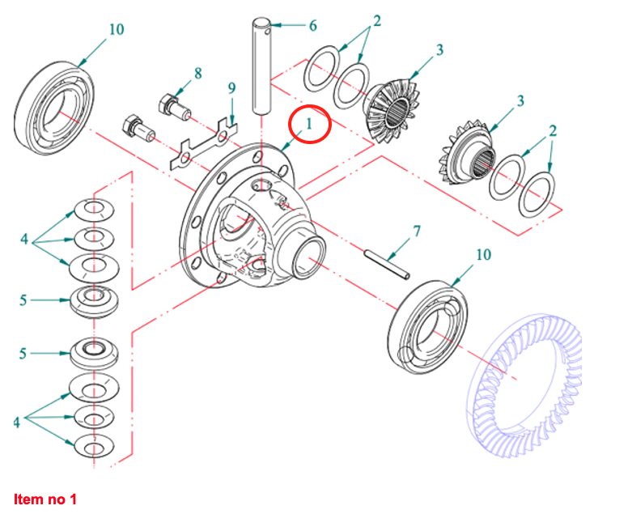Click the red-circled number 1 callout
tap(308, 125)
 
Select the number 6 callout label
tap(312, 25)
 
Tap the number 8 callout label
tap(197, 74)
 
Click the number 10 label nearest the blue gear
tap(482, 255)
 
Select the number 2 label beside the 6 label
tap(377, 19)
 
